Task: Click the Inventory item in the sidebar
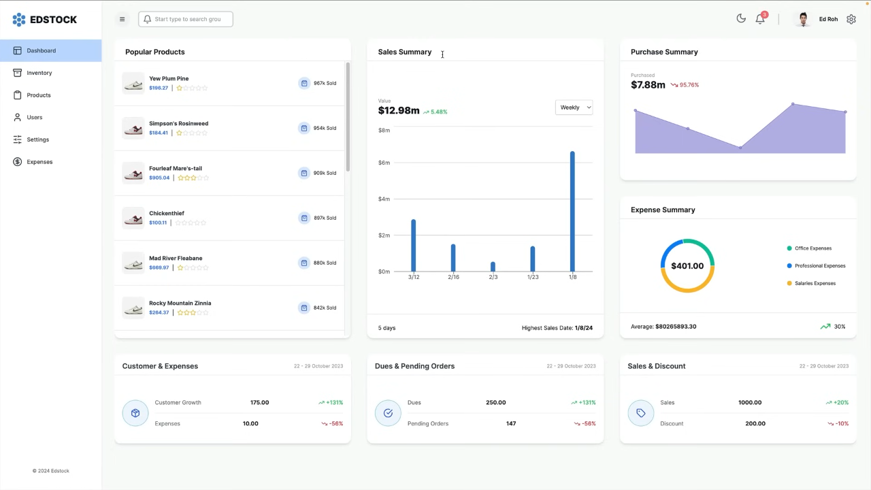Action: pyautogui.click(x=39, y=73)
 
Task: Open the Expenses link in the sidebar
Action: pyautogui.click(x=39, y=162)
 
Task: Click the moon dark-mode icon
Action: pyautogui.click(x=741, y=18)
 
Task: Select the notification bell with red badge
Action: pyautogui.click(x=760, y=19)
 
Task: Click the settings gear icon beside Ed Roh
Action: pyautogui.click(x=851, y=19)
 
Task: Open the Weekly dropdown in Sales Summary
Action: pyautogui.click(x=574, y=108)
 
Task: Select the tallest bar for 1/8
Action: pyautogui.click(x=572, y=211)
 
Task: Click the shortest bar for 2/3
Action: pyautogui.click(x=493, y=267)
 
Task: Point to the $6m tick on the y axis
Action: pyautogui.click(x=384, y=163)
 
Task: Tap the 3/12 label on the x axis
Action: pyautogui.click(x=414, y=277)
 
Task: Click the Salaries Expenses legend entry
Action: pyautogui.click(x=815, y=283)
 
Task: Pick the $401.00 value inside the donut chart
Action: pyautogui.click(x=687, y=266)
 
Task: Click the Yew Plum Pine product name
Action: pyautogui.click(x=169, y=79)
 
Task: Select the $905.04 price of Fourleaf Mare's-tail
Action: pyautogui.click(x=159, y=178)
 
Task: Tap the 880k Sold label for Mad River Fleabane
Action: pyautogui.click(x=325, y=263)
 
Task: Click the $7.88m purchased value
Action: pyautogui.click(x=648, y=85)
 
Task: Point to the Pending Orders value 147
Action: pyautogui.click(x=511, y=423)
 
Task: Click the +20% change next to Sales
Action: pyautogui.click(x=840, y=402)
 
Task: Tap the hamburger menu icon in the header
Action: pyautogui.click(x=122, y=19)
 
